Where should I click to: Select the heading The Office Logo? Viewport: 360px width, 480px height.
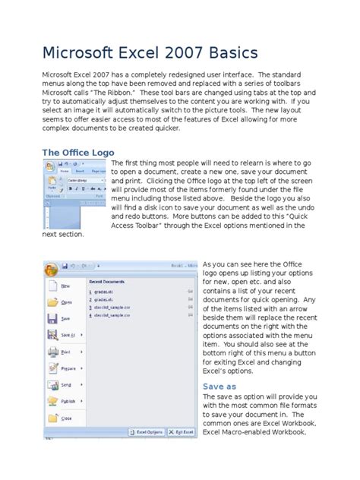coord(78,153)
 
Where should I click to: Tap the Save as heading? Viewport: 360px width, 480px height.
coord(219,386)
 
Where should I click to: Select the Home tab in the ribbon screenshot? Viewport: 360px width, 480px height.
coord(65,172)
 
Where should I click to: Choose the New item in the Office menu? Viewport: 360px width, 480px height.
coord(66,286)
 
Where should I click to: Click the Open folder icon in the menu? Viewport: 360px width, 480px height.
coord(52,302)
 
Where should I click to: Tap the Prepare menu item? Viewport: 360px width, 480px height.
coord(68,368)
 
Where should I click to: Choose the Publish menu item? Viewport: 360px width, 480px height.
coord(68,402)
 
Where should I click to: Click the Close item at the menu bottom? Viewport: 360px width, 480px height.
coord(66,418)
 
